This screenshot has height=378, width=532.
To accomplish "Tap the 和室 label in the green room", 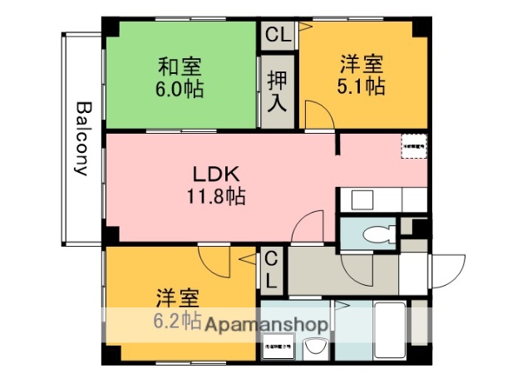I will coord(180,65).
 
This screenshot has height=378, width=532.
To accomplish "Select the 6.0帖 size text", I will coord(180,88).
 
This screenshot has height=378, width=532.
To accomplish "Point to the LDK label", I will coord(216,174).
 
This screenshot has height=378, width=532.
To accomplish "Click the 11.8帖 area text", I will coord(216,197).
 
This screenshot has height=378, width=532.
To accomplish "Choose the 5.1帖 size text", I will coord(362,86).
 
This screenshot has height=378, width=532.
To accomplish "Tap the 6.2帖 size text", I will coord(176,320).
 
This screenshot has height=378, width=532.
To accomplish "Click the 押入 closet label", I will coord(277,91).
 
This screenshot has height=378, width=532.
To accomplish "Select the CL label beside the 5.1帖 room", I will coord(277,36).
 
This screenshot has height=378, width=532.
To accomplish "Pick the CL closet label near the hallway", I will coord(271,269).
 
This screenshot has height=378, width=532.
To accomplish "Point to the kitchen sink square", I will coord(362,199).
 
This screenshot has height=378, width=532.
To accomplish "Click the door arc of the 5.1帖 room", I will coord(317,115).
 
